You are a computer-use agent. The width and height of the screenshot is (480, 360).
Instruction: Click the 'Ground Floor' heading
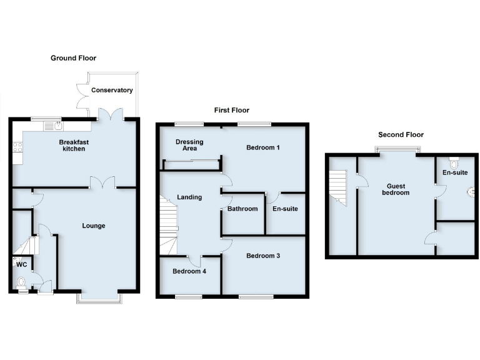pos(73,58)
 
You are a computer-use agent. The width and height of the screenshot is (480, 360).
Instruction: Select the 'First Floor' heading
pos(231,110)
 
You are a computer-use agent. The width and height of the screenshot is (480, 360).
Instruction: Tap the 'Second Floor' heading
pos(401,134)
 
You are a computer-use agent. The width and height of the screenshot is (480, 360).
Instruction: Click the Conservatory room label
pos(112,90)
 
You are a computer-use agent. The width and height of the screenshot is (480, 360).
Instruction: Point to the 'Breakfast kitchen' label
pos(74,146)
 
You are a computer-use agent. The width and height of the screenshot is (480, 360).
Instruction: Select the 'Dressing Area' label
pos(189,145)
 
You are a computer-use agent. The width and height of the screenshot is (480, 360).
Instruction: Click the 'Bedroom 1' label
pos(263,147)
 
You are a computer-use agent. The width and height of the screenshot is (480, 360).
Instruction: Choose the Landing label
pos(189,197)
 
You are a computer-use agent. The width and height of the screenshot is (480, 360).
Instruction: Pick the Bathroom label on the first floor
pos(242,209)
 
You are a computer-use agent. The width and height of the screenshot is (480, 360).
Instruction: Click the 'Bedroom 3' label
pos(263,256)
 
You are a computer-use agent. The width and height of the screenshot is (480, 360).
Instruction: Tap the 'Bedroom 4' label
pos(189,271)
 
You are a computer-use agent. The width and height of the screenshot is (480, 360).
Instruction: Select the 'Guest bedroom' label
pos(396,189)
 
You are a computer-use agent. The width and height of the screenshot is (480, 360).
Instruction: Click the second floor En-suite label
pos(454,172)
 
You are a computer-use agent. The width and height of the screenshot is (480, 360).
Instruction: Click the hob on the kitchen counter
pos(17,148)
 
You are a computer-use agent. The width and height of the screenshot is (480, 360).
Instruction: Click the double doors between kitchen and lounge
pos(102,182)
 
